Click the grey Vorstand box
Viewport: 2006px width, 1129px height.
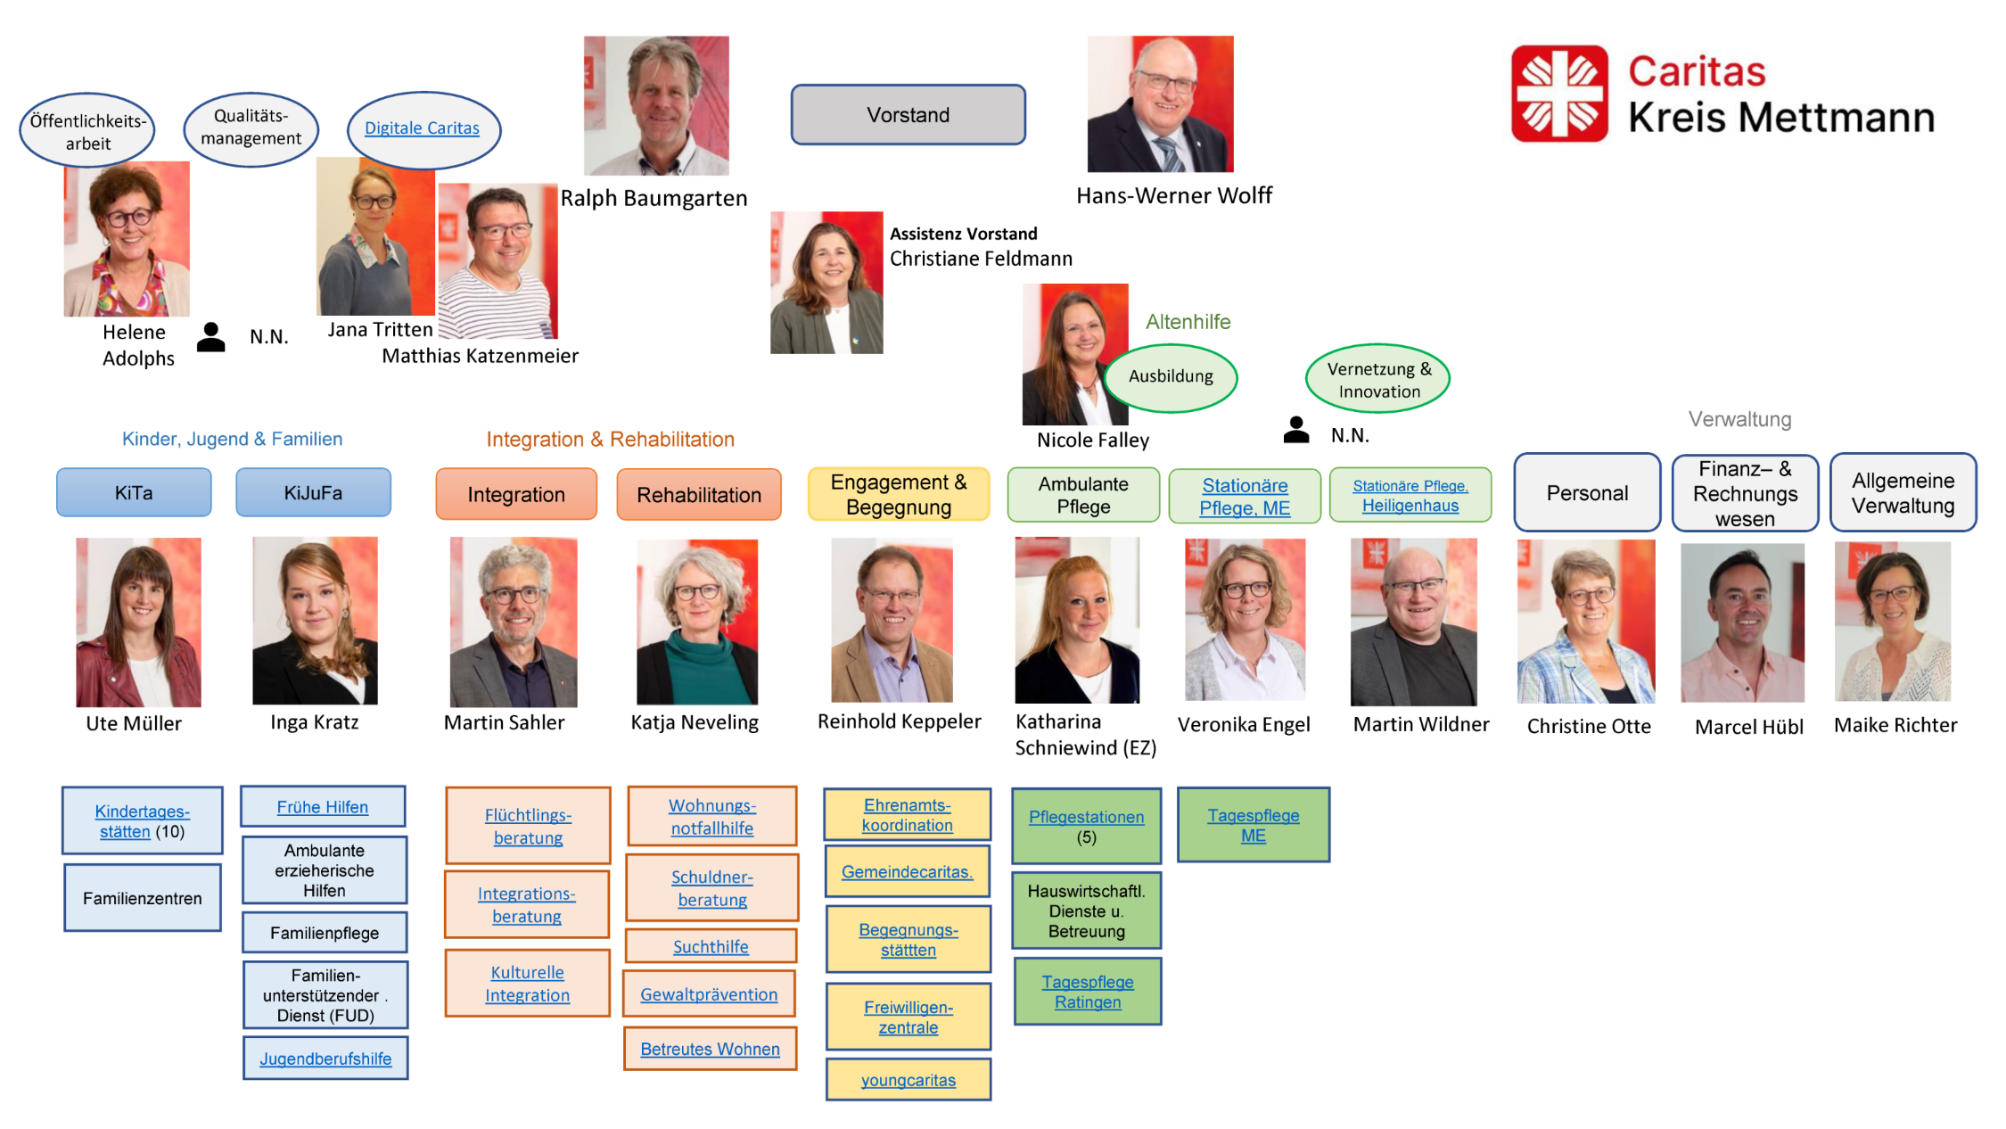[908, 115]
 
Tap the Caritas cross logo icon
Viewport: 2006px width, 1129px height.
[1559, 94]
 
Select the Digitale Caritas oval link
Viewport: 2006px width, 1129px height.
[423, 129]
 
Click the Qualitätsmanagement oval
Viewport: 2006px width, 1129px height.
[251, 128]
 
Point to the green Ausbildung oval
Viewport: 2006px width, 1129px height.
[1171, 377]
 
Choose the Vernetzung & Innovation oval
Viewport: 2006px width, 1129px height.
[1377, 379]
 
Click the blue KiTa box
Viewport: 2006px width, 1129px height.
[134, 492]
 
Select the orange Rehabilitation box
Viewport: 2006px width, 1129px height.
[699, 495]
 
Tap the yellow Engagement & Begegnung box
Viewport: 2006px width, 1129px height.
[899, 494]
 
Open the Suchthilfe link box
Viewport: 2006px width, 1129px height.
[711, 946]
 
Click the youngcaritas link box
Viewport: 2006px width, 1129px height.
[908, 1080]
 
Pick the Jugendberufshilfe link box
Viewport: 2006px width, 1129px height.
[325, 1059]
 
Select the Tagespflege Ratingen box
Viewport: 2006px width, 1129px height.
[1088, 992]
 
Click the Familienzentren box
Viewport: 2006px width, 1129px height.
[143, 898]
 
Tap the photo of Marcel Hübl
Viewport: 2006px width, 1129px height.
[1742, 622]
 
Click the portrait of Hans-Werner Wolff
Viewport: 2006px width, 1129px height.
[1160, 103]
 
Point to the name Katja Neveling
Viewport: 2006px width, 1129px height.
[695, 722]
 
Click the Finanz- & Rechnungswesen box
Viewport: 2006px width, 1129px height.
[1745, 493]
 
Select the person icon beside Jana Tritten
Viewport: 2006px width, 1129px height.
[211, 337]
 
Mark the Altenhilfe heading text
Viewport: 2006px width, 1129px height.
[1188, 322]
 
